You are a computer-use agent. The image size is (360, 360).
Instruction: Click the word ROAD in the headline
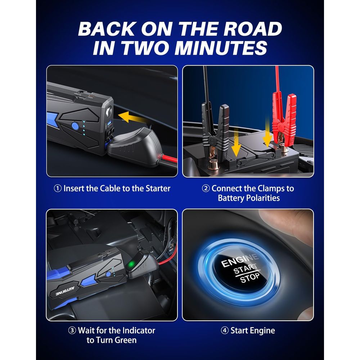point(253,29)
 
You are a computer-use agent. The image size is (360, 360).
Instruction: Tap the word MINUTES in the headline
point(221,48)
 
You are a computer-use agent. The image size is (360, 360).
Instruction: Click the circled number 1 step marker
point(57,189)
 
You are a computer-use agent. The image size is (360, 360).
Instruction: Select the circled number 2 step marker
point(206,189)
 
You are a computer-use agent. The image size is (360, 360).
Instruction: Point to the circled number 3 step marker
point(72,330)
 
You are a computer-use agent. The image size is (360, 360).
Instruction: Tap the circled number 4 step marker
point(225,330)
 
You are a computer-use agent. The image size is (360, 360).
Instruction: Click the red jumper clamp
point(283,122)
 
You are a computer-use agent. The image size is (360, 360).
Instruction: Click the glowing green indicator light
point(131,265)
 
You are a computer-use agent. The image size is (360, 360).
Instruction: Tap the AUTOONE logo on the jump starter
point(65,291)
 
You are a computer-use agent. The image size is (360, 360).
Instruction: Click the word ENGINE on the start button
point(240,261)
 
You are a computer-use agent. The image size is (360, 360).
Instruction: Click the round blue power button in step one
point(75,126)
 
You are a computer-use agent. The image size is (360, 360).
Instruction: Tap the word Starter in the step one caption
point(158,189)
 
